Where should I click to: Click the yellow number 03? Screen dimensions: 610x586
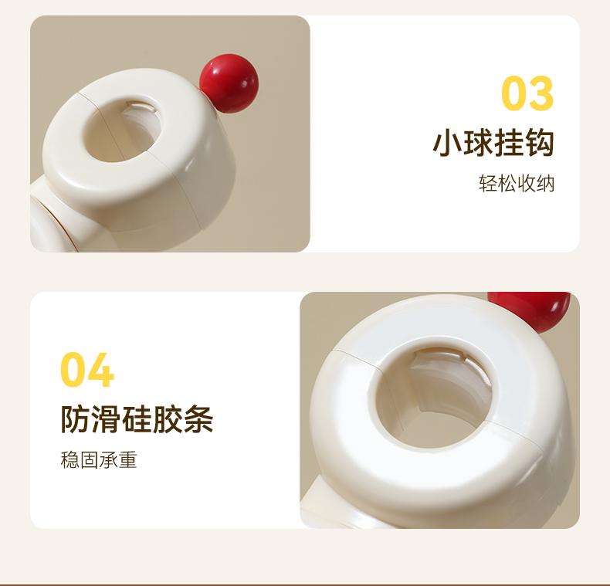click(x=527, y=93)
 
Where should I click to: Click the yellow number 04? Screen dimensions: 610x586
click(x=87, y=370)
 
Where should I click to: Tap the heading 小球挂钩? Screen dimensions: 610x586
click(x=493, y=144)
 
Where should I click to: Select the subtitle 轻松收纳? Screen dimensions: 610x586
click(x=517, y=183)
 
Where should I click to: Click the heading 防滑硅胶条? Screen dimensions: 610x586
click(x=137, y=419)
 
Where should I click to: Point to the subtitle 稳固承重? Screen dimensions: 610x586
click(x=99, y=459)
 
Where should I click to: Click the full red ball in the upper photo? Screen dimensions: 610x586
click(x=229, y=83)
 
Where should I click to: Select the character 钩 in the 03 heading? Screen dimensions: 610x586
click(x=539, y=144)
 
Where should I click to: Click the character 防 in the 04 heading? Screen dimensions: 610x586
click(x=76, y=419)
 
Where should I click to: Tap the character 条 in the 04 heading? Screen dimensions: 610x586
click(x=198, y=419)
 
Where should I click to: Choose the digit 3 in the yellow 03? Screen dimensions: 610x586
click(x=541, y=93)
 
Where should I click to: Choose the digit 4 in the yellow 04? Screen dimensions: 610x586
click(x=101, y=370)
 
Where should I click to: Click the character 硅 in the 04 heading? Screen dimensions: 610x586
click(x=137, y=419)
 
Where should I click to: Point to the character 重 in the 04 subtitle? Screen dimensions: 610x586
click(x=128, y=459)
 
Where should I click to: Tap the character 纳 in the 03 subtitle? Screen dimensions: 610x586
click(x=545, y=183)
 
